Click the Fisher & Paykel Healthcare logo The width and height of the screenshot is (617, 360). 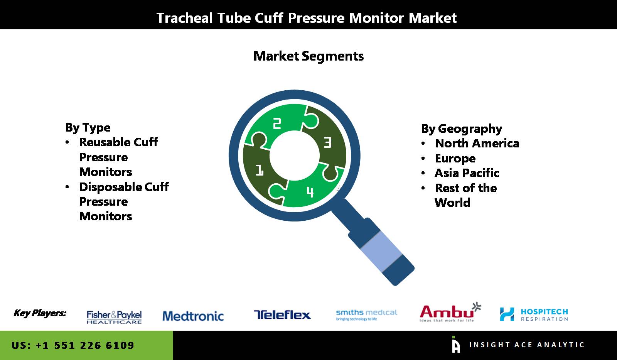pyautogui.click(x=114, y=317)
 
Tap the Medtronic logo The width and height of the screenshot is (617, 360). pyautogui.click(x=193, y=316)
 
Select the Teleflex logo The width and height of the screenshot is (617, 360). pyautogui.click(x=282, y=315)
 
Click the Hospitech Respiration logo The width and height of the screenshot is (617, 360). pyautogui.click(x=534, y=314)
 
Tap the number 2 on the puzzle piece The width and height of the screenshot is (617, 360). pyautogui.click(x=277, y=123)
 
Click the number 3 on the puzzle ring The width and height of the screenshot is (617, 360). pyautogui.click(x=327, y=142)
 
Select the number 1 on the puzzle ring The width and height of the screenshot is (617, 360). pyautogui.click(x=260, y=170)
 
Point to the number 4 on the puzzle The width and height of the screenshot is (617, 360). pyautogui.click(x=310, y=192)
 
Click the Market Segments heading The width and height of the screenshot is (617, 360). pyautogui.click(x=308, y=56)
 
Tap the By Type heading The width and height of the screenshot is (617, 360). pyautogui.click(x=88, y=128)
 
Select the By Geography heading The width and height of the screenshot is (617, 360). pyautogui.click(x=462, y=129)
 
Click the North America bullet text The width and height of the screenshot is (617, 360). pyautogui.click(x=477, y=143)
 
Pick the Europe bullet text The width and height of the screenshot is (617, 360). pyautogui.click(x=455, y=159)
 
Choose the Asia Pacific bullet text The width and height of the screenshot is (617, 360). pyautogui.click(x=467, y=173)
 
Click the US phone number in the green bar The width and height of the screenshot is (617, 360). pyautogui.click(x=73, y=345)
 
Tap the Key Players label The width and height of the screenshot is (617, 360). pyautogui.click(x=40, y=313)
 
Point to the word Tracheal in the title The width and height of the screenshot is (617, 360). pyautogui.click(x=185, y=18)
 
